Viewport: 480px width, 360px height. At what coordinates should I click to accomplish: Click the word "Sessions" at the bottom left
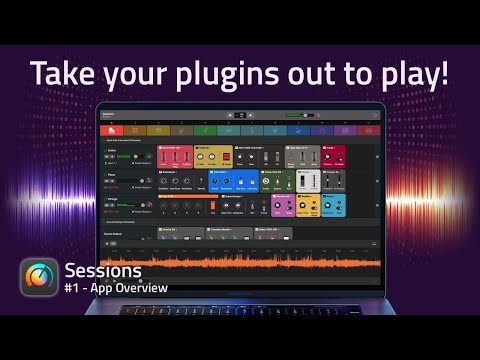103,271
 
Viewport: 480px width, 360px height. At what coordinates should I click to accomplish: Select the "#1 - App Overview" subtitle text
115,288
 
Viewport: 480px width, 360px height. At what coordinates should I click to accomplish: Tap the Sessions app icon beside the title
39,277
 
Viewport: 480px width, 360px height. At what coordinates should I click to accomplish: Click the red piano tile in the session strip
112,130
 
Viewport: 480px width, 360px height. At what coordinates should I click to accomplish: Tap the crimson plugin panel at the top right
334,157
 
